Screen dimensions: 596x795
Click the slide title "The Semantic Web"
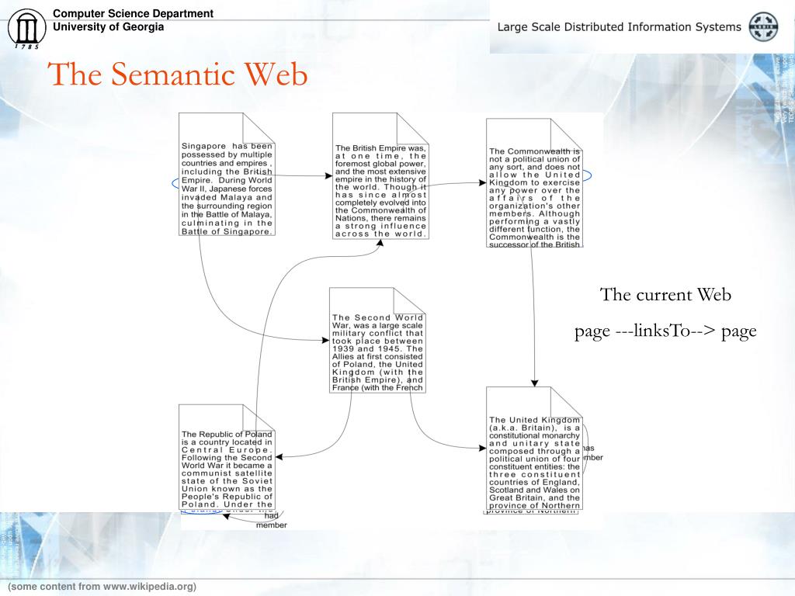178,75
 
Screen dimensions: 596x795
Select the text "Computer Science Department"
133,13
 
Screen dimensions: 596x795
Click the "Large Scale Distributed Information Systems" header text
619,27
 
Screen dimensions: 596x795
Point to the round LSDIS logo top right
762,26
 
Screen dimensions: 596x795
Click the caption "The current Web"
665,295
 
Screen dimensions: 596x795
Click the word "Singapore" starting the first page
204,145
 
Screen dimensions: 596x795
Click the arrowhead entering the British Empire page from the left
328,176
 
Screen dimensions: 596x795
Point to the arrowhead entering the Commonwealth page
482,183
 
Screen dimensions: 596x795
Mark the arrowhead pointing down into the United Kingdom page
534,382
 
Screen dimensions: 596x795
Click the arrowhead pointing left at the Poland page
279,457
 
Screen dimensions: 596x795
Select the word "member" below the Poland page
271,525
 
